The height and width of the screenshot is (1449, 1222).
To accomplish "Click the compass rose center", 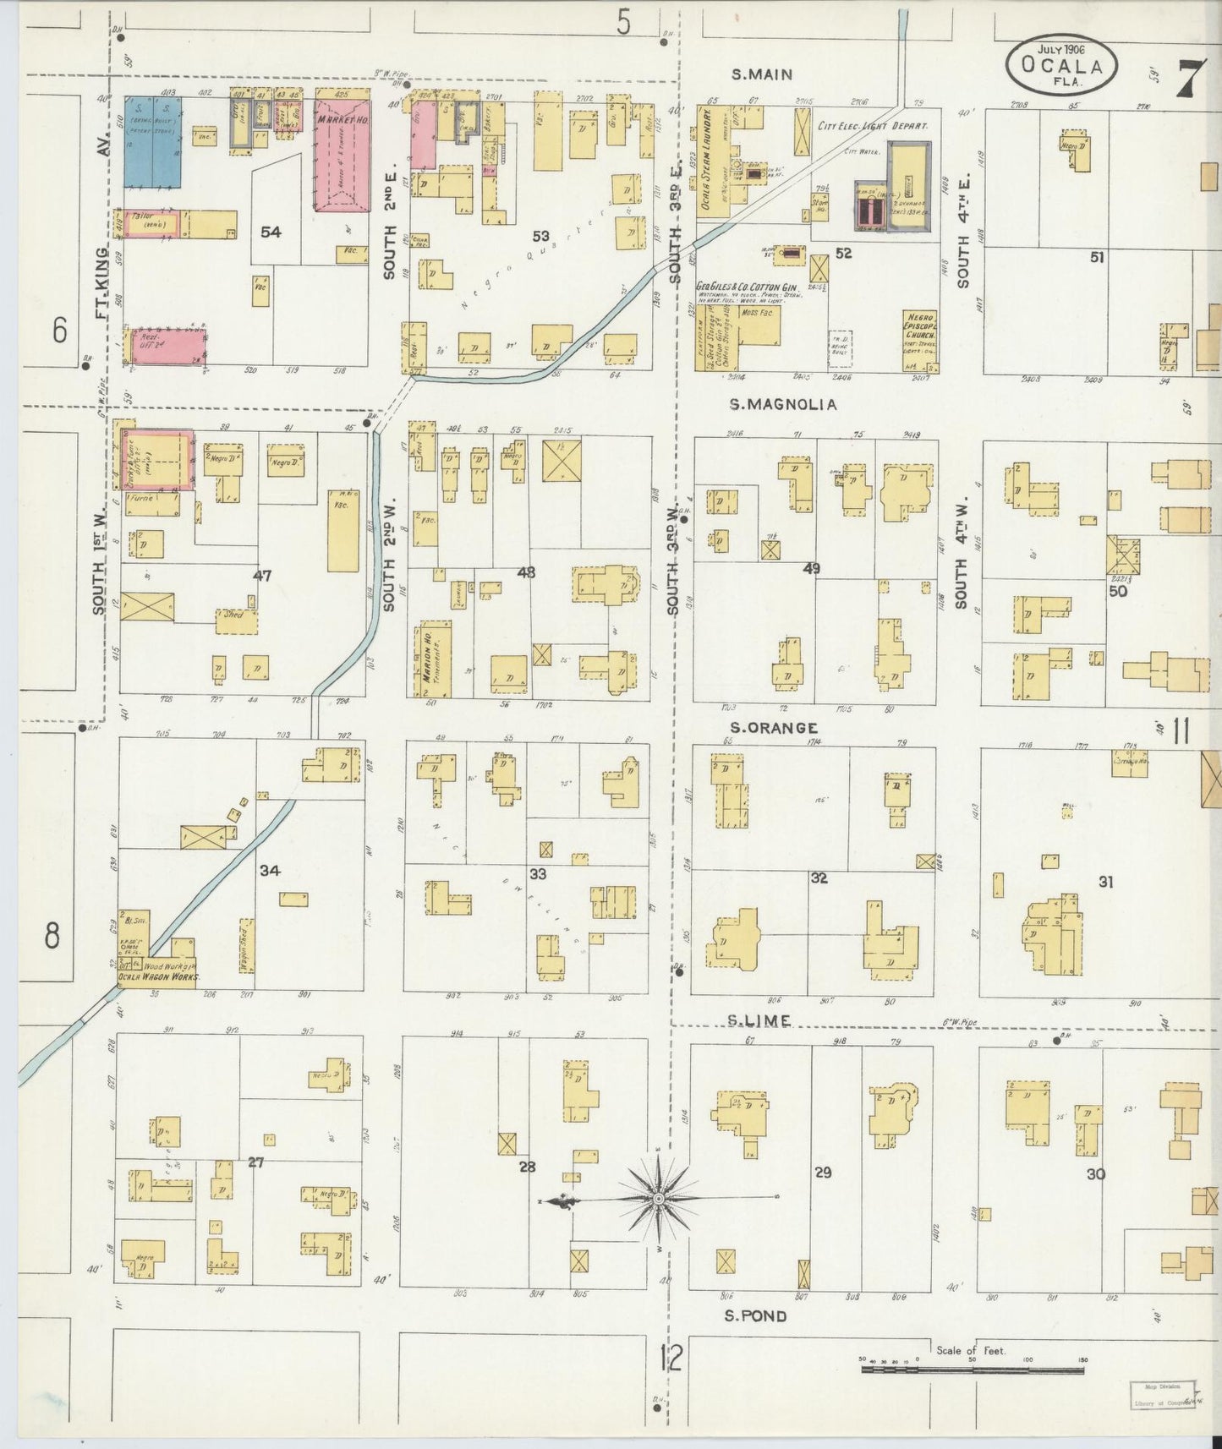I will point(658,1199).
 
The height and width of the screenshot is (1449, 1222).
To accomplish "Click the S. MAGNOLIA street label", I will point(783,405).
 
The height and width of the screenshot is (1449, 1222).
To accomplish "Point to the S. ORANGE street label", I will point(774,728).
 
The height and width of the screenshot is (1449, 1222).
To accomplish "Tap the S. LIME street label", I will point(759,1021).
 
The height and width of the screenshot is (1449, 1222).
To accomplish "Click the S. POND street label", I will point(755,1316).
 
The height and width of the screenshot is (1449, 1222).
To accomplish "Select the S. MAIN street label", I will point(761,74).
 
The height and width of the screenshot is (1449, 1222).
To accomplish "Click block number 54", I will point(271,232).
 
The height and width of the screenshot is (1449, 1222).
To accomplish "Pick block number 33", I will point(538,873).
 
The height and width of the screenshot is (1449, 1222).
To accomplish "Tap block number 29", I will point(822,1173).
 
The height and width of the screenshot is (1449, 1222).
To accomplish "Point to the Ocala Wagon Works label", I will point(158,976).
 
